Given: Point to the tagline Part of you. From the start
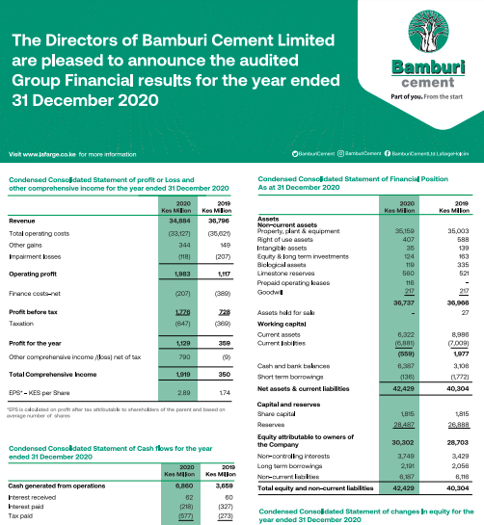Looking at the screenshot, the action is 419,98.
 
